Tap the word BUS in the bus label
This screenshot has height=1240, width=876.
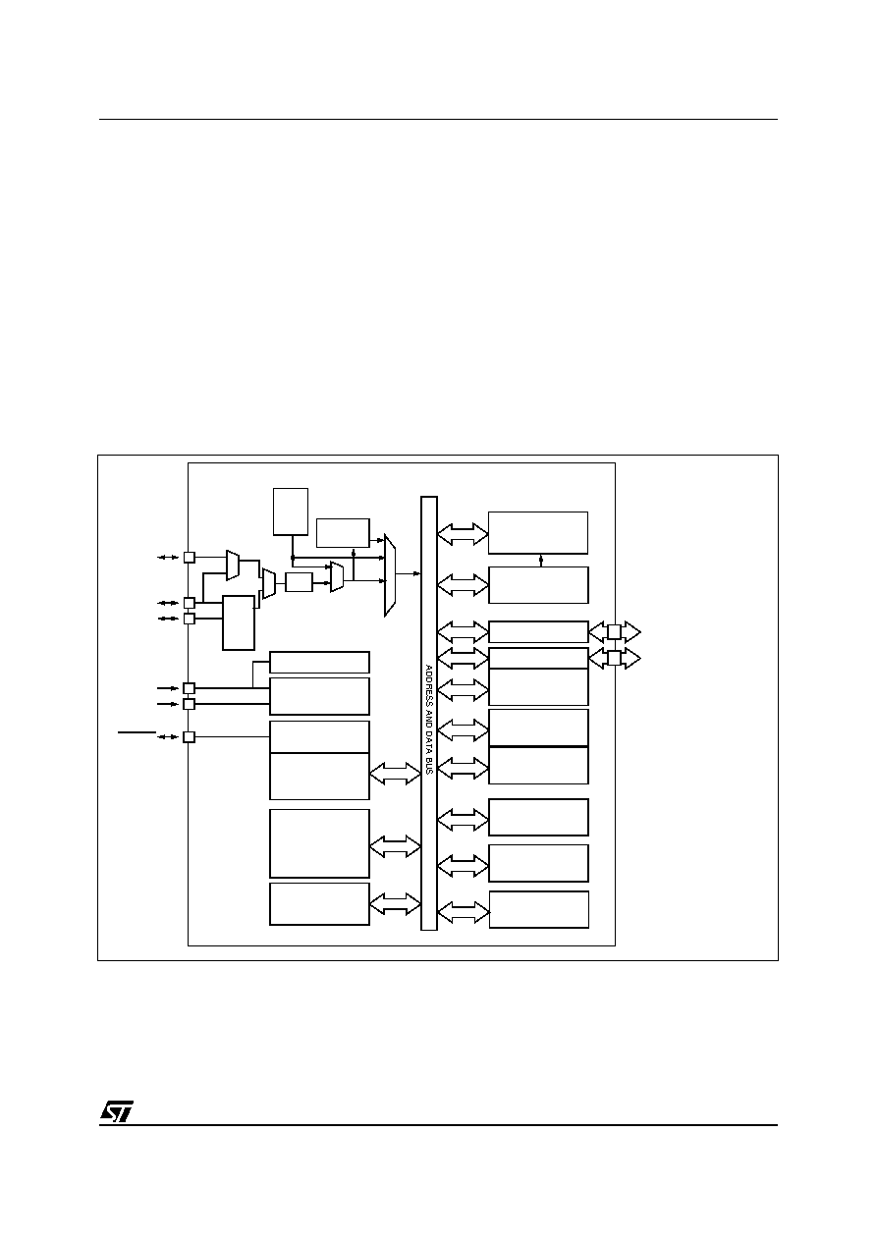(428, 765)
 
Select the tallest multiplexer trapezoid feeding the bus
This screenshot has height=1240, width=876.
(390, 575)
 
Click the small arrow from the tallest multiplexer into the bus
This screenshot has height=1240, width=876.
(409, 573)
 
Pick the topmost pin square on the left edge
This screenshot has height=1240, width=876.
(190, 558)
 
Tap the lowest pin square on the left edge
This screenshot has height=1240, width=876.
(190, 736)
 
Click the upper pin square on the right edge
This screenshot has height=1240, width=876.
(614, 631)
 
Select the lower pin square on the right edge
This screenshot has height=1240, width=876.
(614, 658)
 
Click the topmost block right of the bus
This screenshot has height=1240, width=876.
(537, 532)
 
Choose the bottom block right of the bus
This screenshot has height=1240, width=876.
(539, 909)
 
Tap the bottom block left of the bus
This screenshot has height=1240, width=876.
(319, 904)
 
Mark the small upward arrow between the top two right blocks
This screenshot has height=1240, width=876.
(541, 561)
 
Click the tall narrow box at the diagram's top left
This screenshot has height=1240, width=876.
(291, 512)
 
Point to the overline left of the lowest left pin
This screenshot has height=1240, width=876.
(137, 732)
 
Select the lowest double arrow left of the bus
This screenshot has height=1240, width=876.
(395, 904)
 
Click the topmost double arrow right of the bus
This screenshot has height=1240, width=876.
(463, 534)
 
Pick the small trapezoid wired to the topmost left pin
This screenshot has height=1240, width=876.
(233, 566)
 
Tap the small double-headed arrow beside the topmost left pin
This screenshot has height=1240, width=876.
(168, 558)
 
